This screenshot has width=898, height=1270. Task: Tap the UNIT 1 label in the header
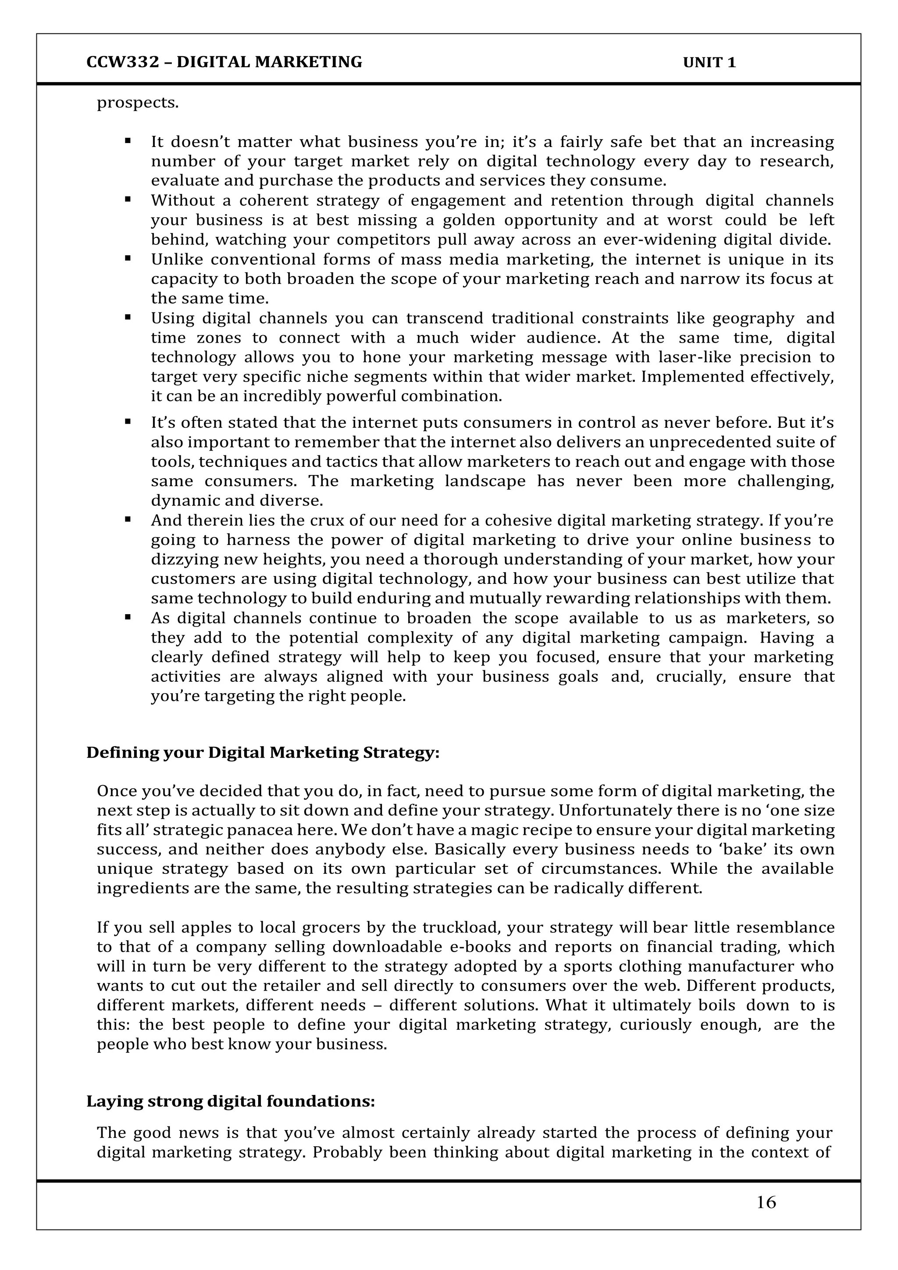click(x=709, y=62)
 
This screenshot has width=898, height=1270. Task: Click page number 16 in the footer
click(x=766, y=1202)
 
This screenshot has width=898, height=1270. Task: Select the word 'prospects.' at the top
click(x=138, y=104)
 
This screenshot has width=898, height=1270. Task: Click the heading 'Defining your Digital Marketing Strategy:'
click(x=263, y=752)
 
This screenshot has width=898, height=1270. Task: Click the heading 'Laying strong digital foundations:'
click(x=231, y=1101)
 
